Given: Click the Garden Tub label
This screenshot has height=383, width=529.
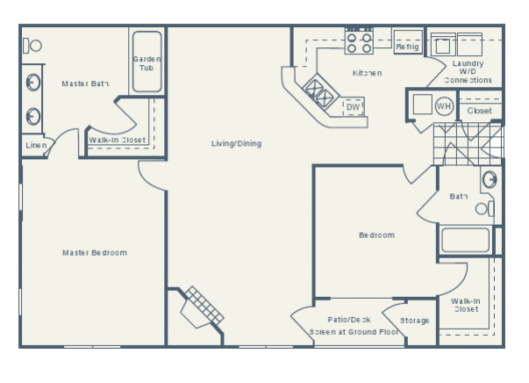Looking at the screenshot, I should [x=146, y=63].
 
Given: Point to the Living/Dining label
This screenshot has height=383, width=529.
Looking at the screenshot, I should [x=236, y=143].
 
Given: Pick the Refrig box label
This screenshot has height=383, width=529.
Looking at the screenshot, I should [x=406, y=47].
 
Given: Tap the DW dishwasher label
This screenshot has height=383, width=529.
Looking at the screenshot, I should [x=353, y=107].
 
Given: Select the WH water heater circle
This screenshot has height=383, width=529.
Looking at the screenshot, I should [x=444, y=106].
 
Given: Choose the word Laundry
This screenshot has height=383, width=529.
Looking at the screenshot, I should [x=468, y=63].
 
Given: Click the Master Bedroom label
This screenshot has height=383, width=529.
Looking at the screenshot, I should [x=94, y=253].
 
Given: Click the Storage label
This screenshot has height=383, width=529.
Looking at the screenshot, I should [x=415, y=321].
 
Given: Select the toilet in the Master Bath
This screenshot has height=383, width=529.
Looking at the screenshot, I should [x=33, y=45].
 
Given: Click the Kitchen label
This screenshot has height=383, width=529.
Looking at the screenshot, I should [x=367, y=73].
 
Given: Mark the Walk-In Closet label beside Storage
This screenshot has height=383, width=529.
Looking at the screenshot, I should [x=465, y=305].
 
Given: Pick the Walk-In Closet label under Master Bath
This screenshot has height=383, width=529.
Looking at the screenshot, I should [x=117, y=139].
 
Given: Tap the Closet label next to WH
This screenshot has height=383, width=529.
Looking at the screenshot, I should [x=479, y=111].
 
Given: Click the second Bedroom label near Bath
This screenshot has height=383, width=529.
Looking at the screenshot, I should [x=376, y=235].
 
